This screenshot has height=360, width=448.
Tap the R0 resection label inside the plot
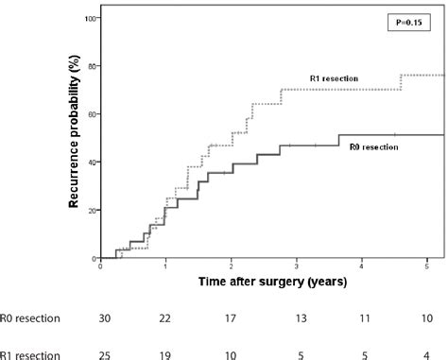tap(372, 147)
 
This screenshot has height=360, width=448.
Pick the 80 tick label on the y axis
tap(90, 66)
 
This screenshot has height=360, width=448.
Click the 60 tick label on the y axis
tap(90, 114)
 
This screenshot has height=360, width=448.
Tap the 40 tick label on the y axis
tap(90, 163)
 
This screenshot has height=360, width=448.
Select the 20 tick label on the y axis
tap(90, 210)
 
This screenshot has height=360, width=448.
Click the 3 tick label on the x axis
tap(297, 266)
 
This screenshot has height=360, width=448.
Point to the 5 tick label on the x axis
tap(427, 266)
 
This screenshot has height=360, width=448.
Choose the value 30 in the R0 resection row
tap(104, 318)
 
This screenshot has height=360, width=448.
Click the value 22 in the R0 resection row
tap(166, 318)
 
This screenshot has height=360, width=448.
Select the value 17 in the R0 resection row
tap(232, 318)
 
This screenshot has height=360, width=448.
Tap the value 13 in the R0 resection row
tap(299, 318)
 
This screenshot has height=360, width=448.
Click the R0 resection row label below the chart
tap(30, 318)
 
